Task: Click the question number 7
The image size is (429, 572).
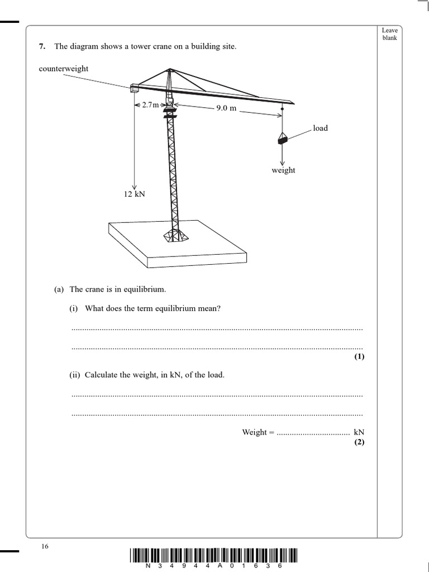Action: pos(42,47)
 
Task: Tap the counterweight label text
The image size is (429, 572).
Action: pos(64,69)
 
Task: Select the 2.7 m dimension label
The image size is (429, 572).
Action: pos(150,105)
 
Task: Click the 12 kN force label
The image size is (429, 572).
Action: pos(134,194)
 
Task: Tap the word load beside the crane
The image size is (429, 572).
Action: pos(320,128)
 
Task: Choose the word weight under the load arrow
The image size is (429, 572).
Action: pos(283,170)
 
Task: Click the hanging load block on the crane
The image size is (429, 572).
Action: pos(283,140)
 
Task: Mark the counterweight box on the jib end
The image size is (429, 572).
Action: pos(134,87)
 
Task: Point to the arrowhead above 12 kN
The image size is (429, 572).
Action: pos(135,186)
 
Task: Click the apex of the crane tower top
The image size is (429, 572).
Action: pos(169,70)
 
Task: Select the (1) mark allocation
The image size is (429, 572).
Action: pos(359,357)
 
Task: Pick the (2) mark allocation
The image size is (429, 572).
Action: pos(359,442)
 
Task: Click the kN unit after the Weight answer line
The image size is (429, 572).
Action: pos(359,432)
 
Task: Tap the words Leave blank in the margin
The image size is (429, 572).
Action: pos(389,34)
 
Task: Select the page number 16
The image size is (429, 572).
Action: pos(45,546)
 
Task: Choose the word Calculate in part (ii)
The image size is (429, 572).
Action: pos(101,375)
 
